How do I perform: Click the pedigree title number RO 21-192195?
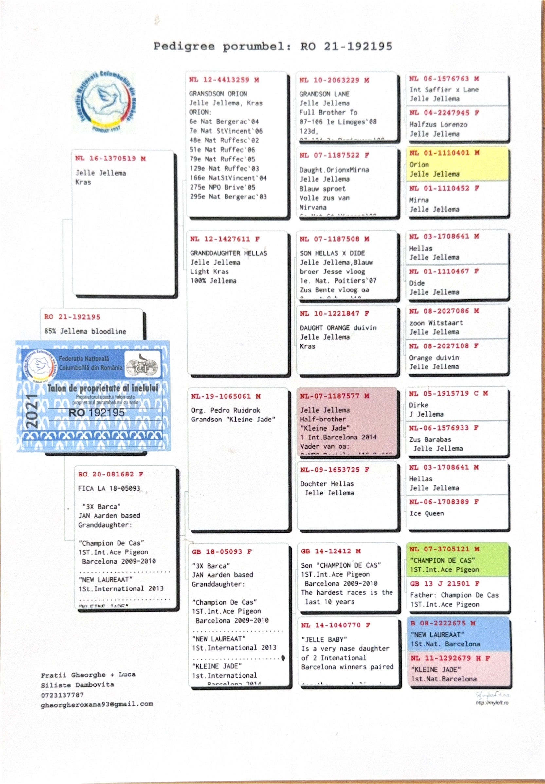(346, 47)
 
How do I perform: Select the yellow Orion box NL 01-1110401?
(457, 164)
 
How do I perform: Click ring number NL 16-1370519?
(111, 159)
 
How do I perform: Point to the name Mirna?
(419, 200)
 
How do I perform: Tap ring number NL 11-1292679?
(449, 658)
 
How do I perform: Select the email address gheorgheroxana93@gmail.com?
(97, 704)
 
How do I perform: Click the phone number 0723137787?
(62, 695)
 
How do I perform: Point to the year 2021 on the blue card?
(32, 411)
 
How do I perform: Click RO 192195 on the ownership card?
(97, 413)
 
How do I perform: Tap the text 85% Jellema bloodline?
(85, 331)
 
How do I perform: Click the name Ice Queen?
(427, 513)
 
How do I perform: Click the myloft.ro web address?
(492, 703)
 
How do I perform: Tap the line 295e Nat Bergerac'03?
(228, 197)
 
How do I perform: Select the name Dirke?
(419, 405)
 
